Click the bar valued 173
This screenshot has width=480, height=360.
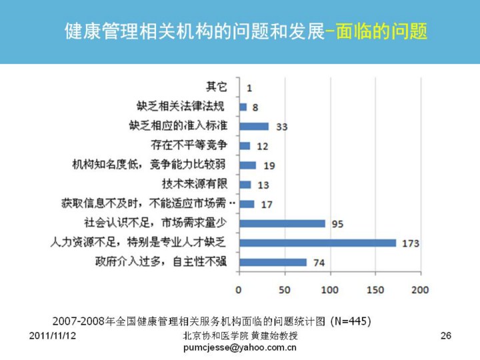click(x=317, y=243)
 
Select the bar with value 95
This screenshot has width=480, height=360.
click(x=282, y=223)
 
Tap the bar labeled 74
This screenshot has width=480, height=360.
click(x=273, y=262)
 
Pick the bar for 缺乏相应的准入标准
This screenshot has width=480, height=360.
click(x=254, y=126)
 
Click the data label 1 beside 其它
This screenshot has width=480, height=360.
click(x=249, y=87)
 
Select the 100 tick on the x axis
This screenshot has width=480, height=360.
click(x=329, y=290)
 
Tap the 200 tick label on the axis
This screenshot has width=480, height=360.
click(x=421, y=290)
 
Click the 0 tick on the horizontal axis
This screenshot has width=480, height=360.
click(x=239, y=290)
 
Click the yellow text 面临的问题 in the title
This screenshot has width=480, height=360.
click(x=382, y=31)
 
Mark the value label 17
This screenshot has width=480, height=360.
click(x=266, y=204)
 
